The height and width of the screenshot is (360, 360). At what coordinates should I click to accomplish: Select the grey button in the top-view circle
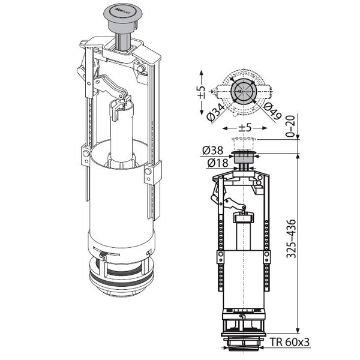point(242,94)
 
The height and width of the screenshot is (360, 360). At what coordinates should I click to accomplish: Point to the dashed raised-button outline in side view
point(243,142)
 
